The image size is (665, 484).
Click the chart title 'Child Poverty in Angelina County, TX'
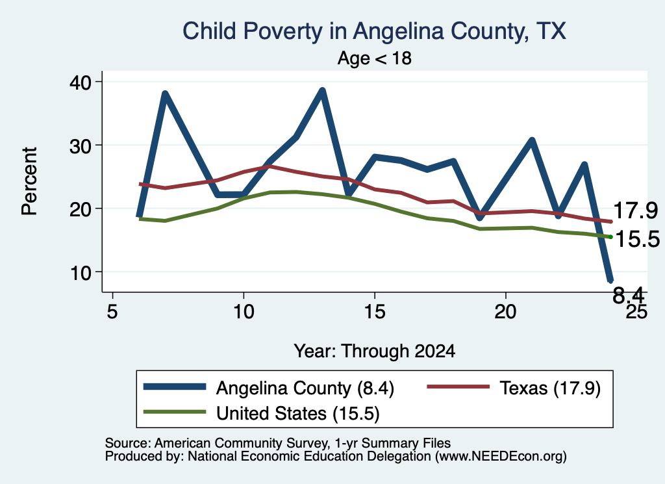(374, 31)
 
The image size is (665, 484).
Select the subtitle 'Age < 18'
(375, 58)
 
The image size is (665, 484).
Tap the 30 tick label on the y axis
(80, 146)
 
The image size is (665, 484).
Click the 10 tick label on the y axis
(80, 272)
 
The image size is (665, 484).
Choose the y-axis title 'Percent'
(29, 181)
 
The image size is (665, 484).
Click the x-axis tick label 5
(112, 311)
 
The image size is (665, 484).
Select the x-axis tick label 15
(375, 311)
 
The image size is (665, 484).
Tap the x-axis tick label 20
(505, 311)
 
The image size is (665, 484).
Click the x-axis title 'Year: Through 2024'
(375, 351)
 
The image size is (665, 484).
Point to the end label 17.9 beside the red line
(635, 210)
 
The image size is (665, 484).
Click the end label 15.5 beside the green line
(637, 239)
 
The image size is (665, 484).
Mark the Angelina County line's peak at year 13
(322, 91)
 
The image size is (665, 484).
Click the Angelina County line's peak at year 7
(165, 94)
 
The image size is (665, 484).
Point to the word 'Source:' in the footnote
(128, 443)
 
